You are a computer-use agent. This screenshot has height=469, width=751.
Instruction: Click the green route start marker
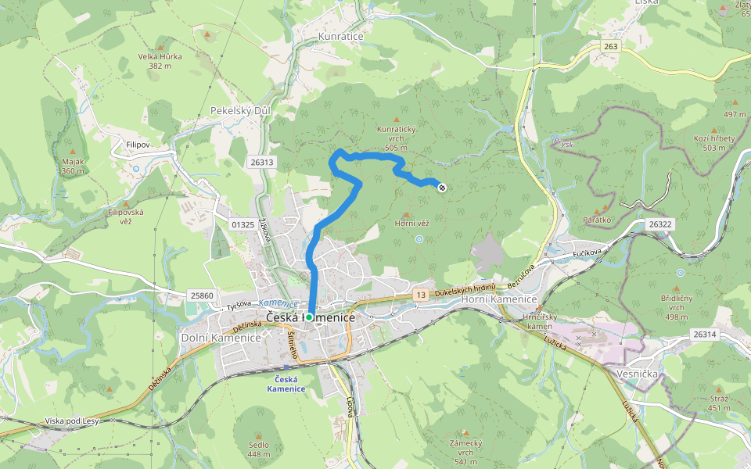click(x=309, y=317)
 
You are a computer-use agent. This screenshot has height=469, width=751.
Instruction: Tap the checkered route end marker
click(x=442, y=187)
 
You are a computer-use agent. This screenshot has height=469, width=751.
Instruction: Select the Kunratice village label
click(x=342, y=37)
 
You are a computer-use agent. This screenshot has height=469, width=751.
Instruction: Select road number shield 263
click(x=610, y=47)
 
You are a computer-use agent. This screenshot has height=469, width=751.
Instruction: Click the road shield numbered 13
click(x=421, y=295)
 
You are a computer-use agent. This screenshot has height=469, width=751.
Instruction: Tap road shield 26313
click(x=263, y=162)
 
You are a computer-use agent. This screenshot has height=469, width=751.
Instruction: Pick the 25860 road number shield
click(x=201, y=295)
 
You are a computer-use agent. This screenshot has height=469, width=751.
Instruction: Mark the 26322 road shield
click(x=660, y=224)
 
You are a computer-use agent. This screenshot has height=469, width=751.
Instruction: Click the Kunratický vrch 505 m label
click(x=400, y=138)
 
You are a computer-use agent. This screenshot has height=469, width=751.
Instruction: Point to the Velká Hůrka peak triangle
click(x=207, y=35)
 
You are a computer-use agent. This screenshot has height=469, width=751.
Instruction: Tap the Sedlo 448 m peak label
click(x=259, y=449)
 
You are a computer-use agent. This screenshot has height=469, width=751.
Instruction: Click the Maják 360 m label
click(x=73, y=166)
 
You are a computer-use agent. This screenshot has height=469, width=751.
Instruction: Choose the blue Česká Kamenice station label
click(x=280, y=384)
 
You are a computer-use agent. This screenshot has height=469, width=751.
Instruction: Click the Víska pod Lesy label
click(x=71, y=421)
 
